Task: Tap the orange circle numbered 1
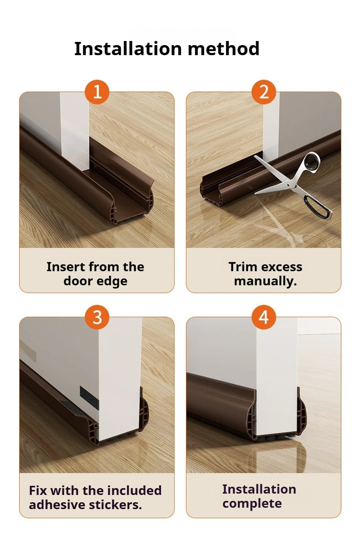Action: [97, 92]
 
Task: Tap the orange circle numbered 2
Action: [264, 92]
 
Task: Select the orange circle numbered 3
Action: [97, 317]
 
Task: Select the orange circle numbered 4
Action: [264, 317]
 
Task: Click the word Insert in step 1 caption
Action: [67, 267]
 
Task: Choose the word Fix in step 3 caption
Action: [38, 491]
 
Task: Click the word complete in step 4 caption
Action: [252, 504]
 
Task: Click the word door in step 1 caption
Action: [77, 281]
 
